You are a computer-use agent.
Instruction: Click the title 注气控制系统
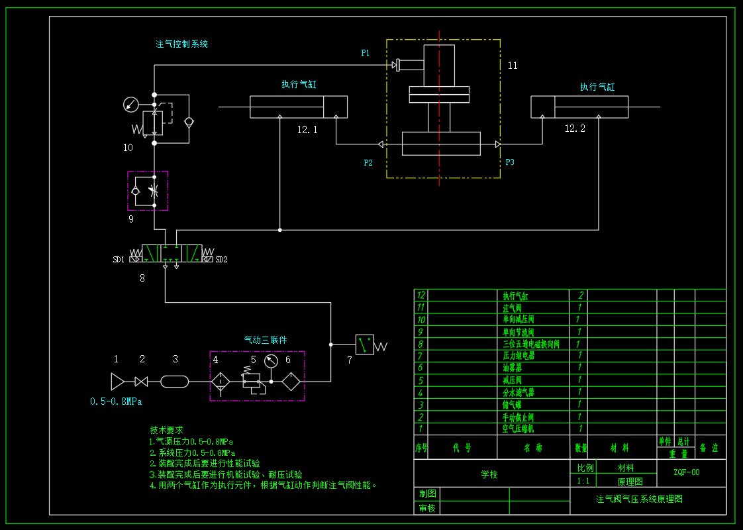coord(182,44)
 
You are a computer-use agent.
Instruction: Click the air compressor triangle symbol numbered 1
coord(118,381)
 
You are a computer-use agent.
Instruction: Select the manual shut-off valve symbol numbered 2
coord(141,381)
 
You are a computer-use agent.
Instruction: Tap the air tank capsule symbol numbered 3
coord(175,381)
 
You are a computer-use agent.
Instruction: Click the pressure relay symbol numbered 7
coord(365,344)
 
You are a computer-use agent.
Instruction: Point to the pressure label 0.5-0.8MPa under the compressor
coord(116,401)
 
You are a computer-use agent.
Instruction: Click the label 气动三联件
coord(266,340)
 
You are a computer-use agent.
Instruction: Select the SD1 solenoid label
coord(119,260)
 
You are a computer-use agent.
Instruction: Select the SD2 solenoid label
coord(221,260)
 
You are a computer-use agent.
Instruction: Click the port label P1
coord(366,52)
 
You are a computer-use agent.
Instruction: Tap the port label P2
coord(368,162)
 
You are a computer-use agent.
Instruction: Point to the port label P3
coord(510,162)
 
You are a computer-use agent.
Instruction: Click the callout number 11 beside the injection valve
coord(513,66)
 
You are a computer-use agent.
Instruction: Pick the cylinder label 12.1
coord(307,131)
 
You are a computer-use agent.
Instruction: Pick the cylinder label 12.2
coord(575,129)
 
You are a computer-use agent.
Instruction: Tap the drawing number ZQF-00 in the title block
coord(687,472)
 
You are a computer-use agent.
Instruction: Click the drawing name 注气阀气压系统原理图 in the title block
coord(639,499)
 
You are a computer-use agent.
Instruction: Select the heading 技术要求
coord(166,430)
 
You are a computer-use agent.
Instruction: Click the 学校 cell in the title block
coord(489,474)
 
